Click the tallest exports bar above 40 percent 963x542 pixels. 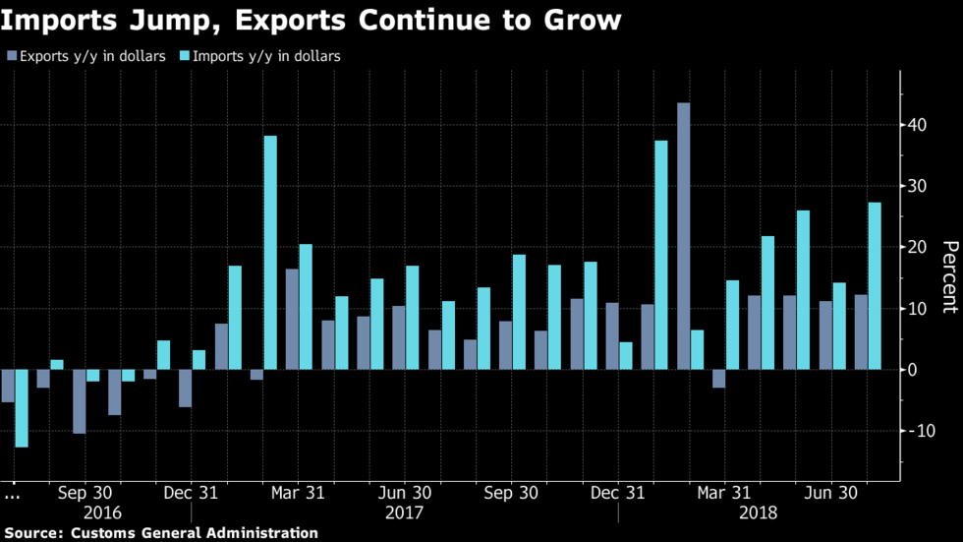click(683, 236)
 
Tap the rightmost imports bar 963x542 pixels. click(874, 286)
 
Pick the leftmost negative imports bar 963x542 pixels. click(22, 408)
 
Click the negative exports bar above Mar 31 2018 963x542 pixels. click(718, 379)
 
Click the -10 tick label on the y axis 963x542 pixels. click(920, 431)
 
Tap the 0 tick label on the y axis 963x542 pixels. click(912, 370)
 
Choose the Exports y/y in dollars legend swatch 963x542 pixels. click(11, 56)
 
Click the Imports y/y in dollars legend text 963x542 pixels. click(268, 56)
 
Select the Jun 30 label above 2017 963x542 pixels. click(405, 493)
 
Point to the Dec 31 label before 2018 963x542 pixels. click(618, 493)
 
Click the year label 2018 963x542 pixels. click(759, 512)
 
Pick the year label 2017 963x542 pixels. click(405, 512)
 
